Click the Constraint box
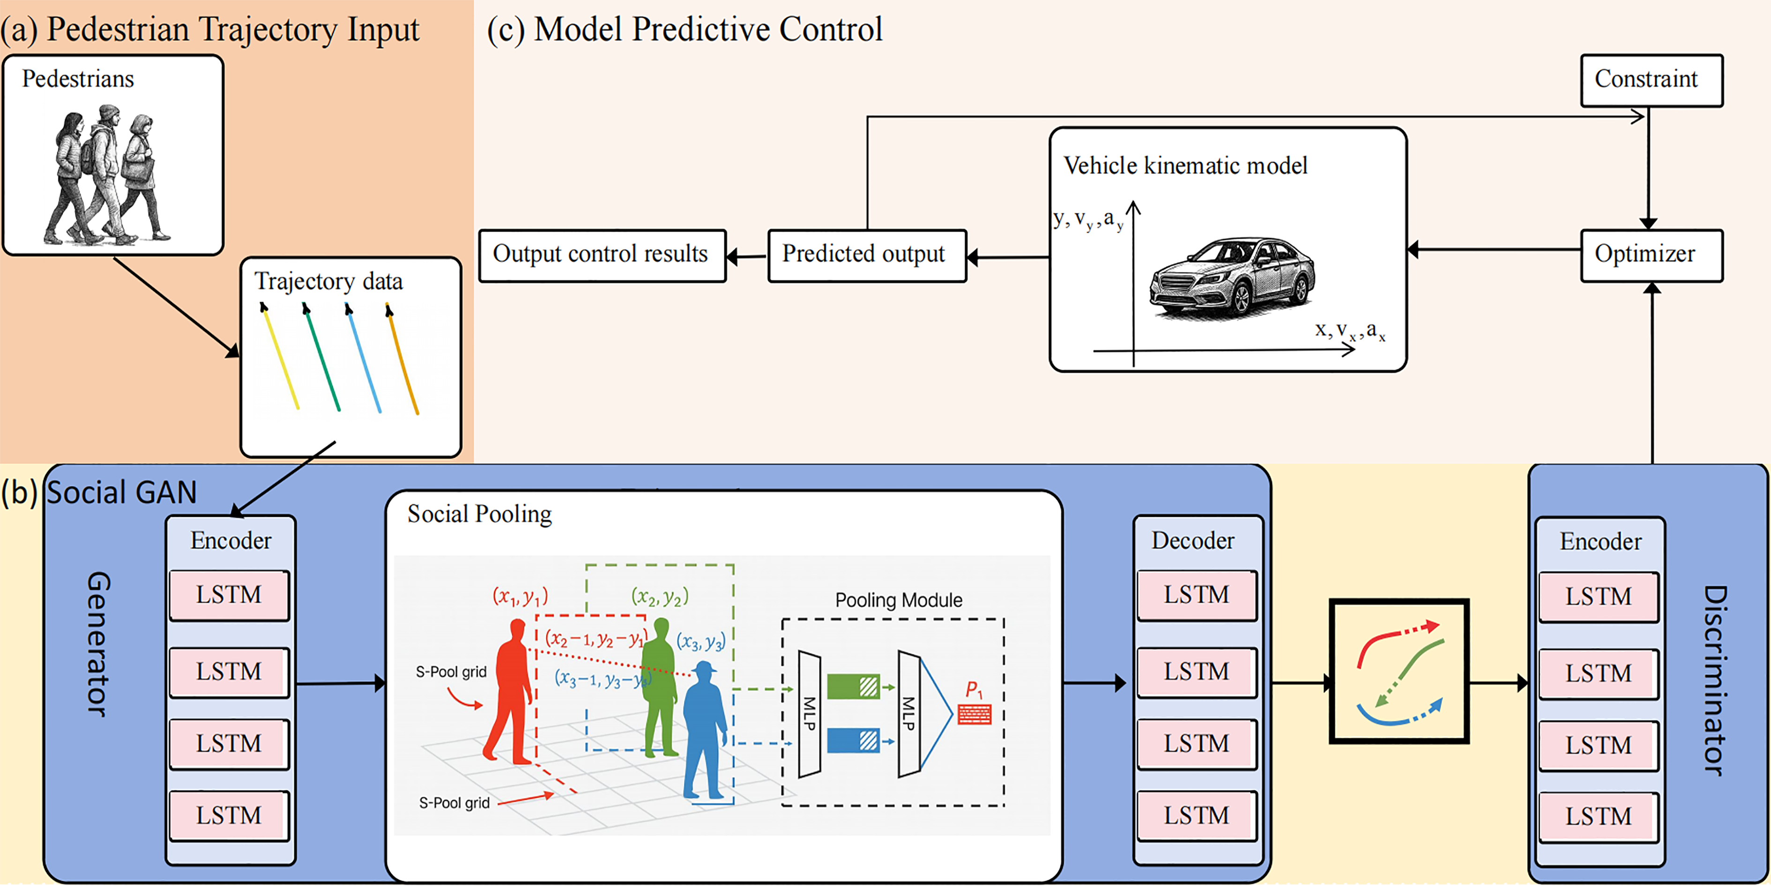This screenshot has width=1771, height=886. [x=1651, y=80]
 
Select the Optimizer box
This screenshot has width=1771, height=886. [x=1651, y=255]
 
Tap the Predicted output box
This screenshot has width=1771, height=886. [x=866, y=255]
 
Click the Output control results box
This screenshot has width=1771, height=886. [x=602, y=255]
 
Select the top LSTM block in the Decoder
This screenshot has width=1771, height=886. [x=1196, y=595]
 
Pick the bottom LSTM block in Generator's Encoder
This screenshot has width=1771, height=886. [x=229, y=816]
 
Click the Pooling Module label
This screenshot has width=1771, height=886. [x=899, y=600]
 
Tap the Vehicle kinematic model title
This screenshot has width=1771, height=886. [x=1185, y=166]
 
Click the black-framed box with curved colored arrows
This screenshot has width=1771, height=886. [x=1399, y=671]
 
